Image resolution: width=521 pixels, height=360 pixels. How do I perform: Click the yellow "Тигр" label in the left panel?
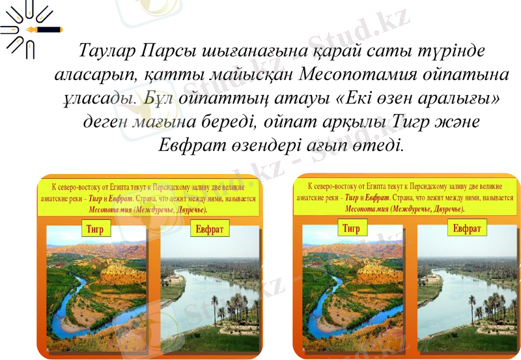[x=96, y=228]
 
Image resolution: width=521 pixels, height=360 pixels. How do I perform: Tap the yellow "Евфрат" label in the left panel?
[x=210, y=230]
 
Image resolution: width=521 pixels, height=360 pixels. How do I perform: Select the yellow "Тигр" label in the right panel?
[x=351, y=228]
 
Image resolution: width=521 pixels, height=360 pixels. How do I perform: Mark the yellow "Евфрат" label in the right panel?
[x=467, y=228]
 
